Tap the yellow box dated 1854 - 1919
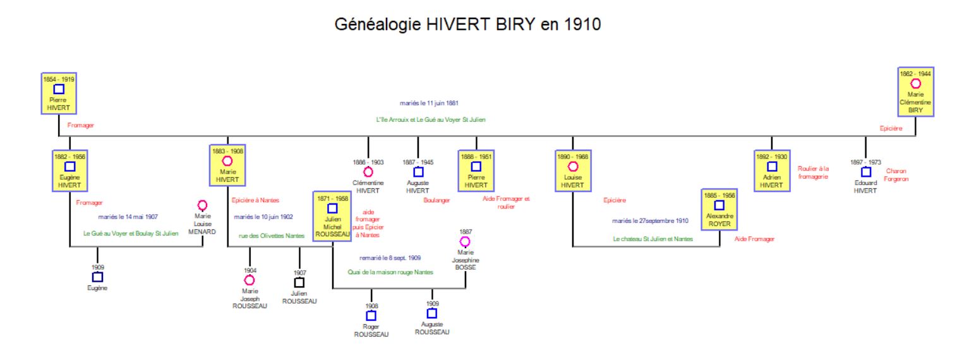coord(59,93)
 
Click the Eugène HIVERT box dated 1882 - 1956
coord(70,170)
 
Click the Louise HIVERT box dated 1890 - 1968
coord(573,170)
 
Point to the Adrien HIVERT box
coord(771,170)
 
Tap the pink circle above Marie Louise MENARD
coord(202,205)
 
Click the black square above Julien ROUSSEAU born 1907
coord(299,282)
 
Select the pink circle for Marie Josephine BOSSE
coord(465,241)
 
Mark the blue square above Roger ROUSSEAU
coord(371,315)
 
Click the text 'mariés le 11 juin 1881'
coord(429,102)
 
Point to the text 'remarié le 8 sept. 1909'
coord(390,258)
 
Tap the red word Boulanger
coord(436,201)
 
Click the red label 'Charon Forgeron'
coord(896,175)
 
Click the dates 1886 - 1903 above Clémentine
coord(368,162)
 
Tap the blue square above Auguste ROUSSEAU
coord(432,313)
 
